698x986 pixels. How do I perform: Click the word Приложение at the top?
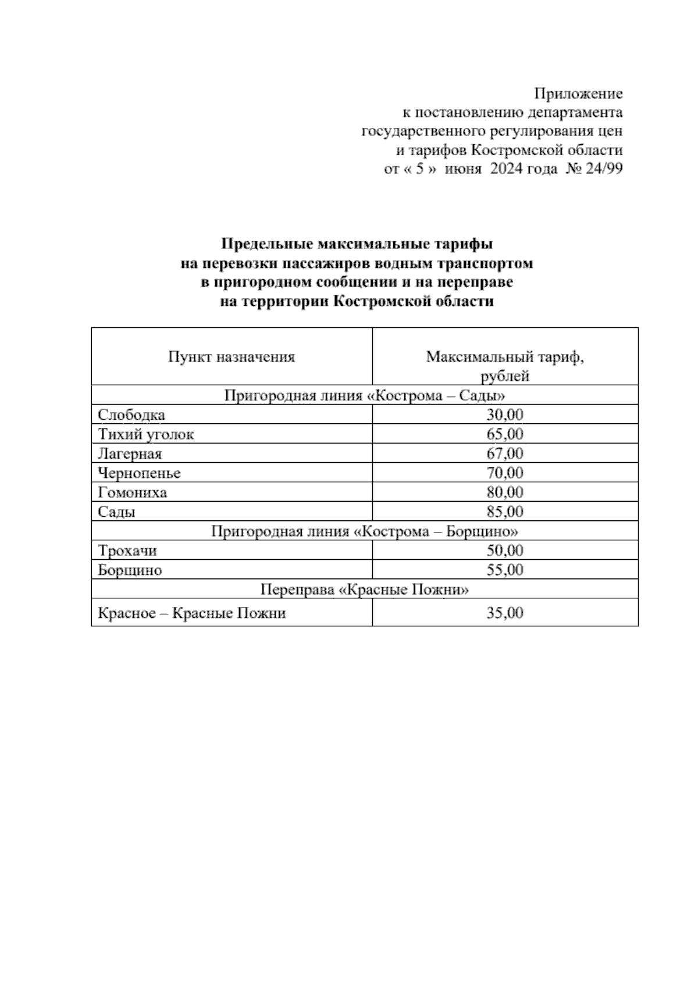point(578,94)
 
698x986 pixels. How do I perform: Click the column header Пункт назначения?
point(232,356)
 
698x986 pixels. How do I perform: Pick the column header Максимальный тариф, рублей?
point(505,366)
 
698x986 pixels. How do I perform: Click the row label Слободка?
point(131,415)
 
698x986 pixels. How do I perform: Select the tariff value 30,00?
point(505,415)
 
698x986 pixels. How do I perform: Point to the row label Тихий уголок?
point(146,434)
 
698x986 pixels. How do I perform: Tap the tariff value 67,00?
point(505,453)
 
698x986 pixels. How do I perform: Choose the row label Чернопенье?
point(140,473)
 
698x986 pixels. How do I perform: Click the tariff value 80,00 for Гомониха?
point(505,492)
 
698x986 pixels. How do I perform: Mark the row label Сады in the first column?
point(117,512)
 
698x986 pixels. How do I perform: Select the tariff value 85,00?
point(505,512)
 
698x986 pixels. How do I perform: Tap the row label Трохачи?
point(127,551)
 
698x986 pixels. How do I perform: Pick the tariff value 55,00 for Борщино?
point(505,570)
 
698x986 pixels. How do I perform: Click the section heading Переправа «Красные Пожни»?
point(365,590)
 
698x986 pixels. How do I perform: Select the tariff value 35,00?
point(505,613)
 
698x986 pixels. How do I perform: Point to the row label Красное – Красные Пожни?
point(192,613)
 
